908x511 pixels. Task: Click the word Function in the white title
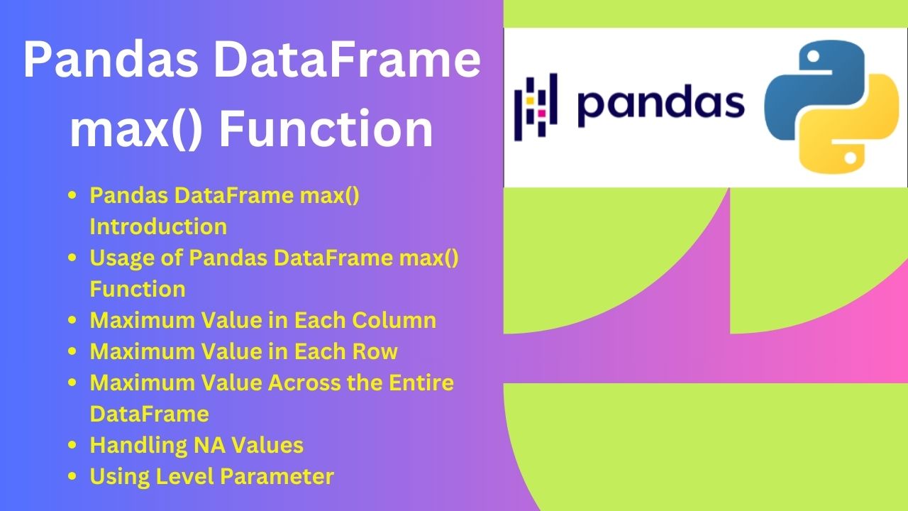click(326, 128)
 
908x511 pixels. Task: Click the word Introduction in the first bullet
click(158, 226)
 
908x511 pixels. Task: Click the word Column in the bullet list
click(394, 320)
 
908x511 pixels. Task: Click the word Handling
click(138, 446)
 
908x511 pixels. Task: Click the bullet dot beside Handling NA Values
click(72, 445)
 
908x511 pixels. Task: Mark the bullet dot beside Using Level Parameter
click(72, 476)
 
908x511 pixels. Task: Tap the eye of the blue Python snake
click(814, 57)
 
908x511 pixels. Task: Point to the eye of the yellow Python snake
click(851, 158)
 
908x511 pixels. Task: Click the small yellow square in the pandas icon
click(530, 100)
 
